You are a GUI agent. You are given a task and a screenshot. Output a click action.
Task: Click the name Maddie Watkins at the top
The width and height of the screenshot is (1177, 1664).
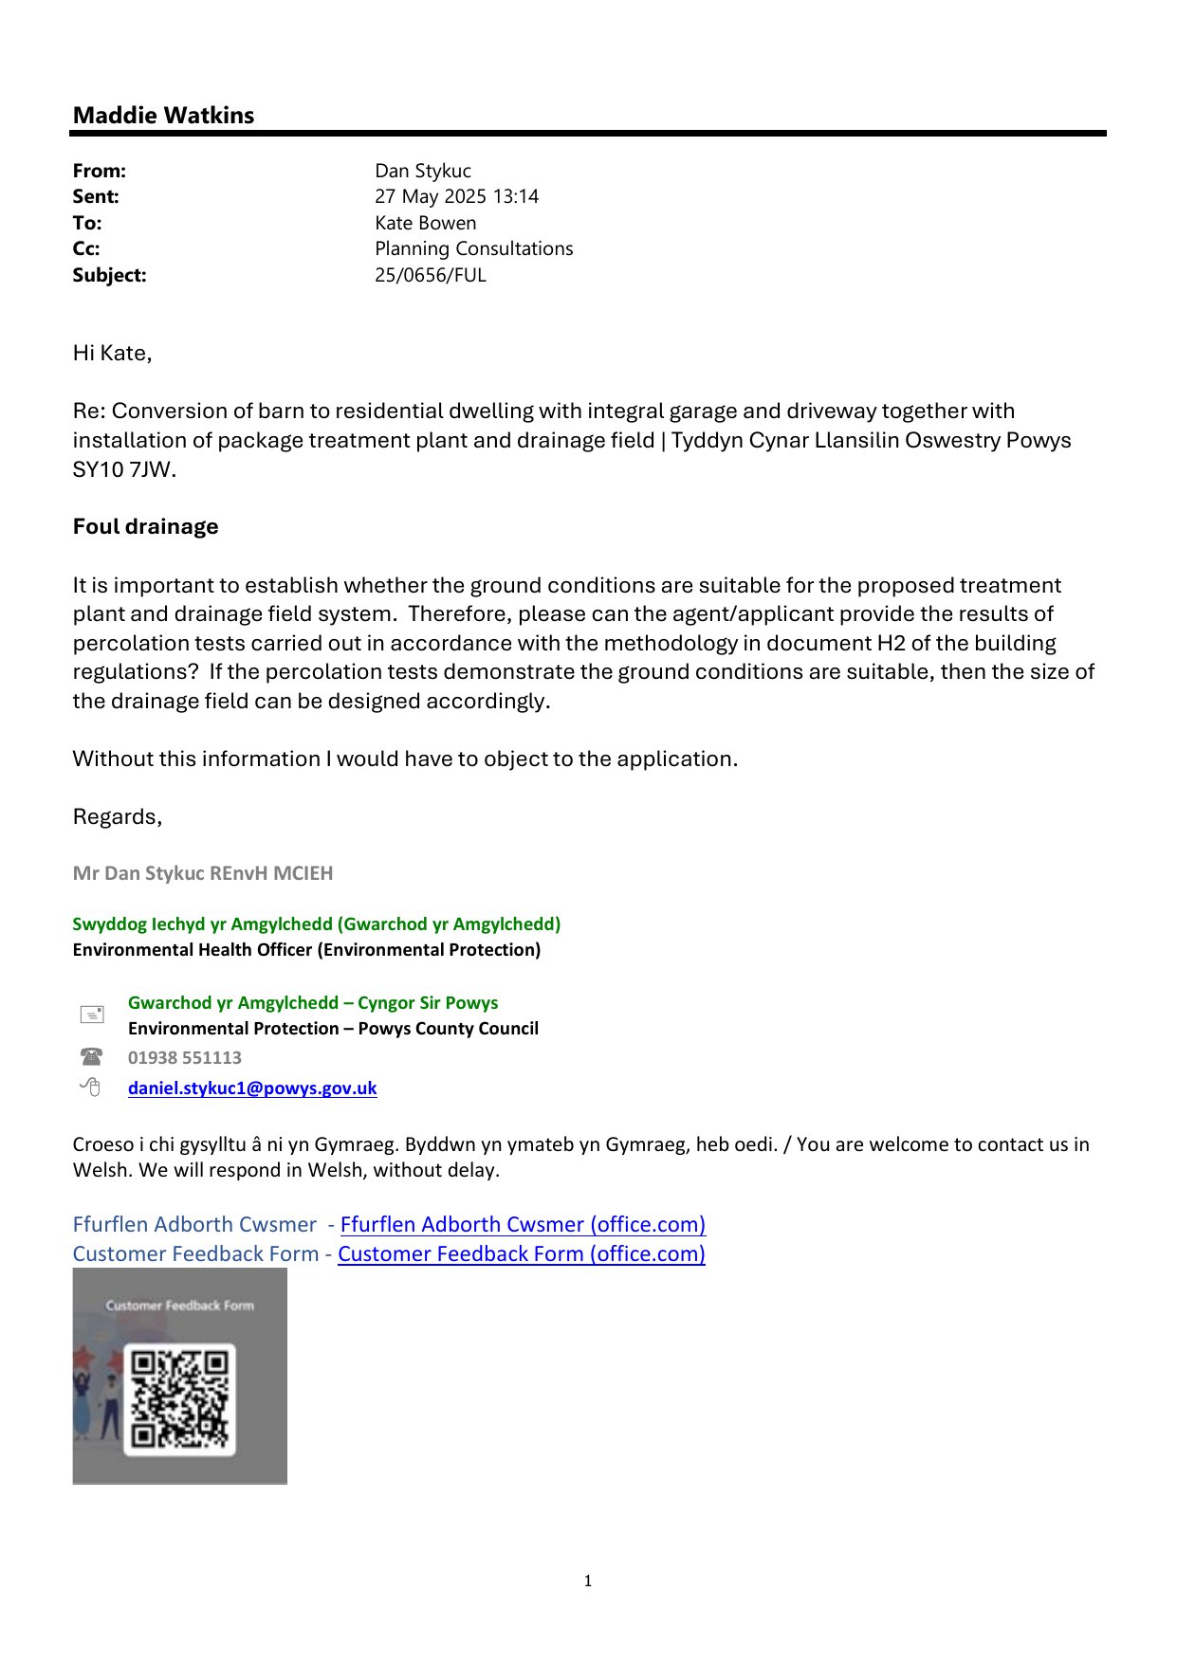163,116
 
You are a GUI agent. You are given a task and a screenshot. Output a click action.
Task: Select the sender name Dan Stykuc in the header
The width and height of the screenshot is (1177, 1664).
422,171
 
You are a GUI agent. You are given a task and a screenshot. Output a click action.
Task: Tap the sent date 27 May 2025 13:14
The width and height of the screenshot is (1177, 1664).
456,196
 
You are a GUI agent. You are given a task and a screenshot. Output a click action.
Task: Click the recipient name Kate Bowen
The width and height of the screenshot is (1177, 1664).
425,223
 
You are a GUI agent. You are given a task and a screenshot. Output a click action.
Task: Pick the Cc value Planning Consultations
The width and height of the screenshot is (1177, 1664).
473,248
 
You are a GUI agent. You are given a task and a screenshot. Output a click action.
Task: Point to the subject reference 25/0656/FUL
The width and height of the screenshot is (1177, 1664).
430,275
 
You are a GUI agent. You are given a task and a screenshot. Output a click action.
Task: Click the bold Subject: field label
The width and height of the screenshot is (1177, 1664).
109,275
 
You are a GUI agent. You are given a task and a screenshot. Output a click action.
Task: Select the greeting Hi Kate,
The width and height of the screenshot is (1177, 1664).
112,354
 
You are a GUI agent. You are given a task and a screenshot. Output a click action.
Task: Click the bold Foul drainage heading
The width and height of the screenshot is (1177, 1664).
145,526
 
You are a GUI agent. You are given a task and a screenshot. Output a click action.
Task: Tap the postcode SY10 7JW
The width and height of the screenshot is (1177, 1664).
123,469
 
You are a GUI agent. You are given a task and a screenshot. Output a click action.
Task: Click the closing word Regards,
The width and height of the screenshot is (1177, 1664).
118,817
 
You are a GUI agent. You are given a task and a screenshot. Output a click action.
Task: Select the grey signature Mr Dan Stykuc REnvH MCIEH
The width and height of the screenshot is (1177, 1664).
203,873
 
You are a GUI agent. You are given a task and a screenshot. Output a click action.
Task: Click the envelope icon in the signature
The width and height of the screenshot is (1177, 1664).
91,1015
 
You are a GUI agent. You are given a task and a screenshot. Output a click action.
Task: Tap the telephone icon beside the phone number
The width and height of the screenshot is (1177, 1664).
91,1057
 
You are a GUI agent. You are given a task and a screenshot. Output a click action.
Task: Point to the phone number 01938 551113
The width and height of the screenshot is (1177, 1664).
185,1058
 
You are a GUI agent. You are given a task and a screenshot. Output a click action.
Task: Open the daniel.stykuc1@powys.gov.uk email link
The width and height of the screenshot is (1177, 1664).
252,1088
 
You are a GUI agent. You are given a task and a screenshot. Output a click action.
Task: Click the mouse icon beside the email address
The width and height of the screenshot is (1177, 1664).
90,1088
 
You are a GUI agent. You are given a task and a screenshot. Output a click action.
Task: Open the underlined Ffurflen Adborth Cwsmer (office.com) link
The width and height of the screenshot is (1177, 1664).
523,1225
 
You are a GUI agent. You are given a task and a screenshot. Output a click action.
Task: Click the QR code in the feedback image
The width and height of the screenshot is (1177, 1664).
180,1399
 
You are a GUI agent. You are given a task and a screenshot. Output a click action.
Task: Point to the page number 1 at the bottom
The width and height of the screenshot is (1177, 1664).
588,1581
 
